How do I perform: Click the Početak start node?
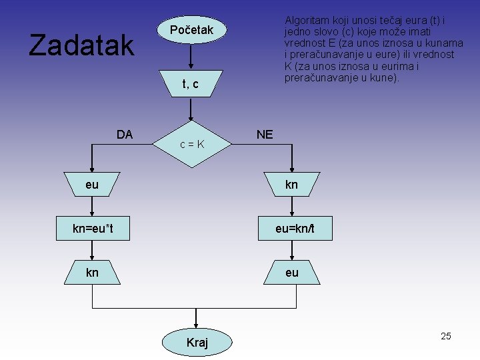pos(191,30)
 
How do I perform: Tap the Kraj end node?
pos(197,342)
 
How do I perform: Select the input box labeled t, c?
pos(191,84)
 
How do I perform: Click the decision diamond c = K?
pos(191,143)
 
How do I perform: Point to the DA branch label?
pos(125,134)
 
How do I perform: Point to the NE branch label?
pos(265,135)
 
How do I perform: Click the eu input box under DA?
pos(92,185)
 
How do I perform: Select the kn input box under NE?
pos(291,185)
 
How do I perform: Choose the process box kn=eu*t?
pos(93,229)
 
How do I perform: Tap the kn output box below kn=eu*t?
pos(92,273)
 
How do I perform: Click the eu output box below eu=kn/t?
pos(291,273)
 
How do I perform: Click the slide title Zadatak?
pos(81,45)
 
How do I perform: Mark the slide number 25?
pos(446,336)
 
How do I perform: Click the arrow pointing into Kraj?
pos(197,319)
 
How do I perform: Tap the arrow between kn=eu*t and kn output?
pos(93,250)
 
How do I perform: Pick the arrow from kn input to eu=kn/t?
pos(291,207)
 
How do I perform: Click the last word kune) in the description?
pos(385,78)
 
